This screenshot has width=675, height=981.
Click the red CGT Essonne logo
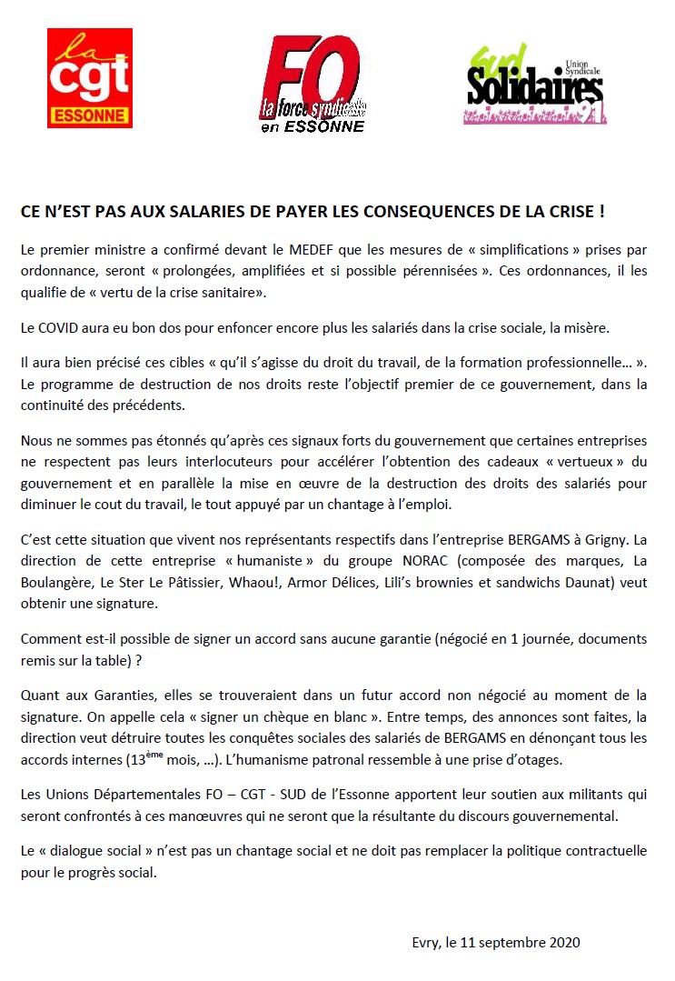(89, 77)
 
